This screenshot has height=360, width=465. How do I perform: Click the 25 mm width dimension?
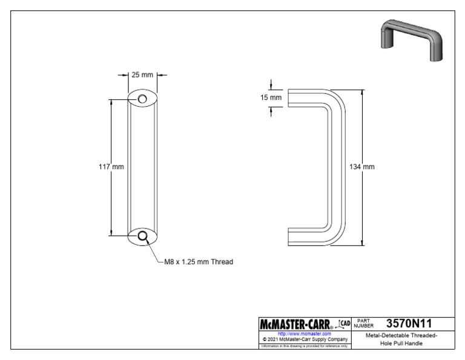click(142, 75)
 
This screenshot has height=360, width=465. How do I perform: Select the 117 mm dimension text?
click(111, 167)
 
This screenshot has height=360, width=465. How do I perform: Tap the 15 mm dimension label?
click(272, 98)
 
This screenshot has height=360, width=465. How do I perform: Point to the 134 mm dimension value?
click(362, 167)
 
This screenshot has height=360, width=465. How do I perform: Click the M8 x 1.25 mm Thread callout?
click(199, 262)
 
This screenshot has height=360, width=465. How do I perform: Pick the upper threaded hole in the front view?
click(142, 99)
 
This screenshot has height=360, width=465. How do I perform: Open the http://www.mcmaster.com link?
click(304, 333)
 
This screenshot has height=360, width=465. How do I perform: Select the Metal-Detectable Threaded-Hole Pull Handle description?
click(403, 339)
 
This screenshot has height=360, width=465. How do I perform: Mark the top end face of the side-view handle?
click(288, 98)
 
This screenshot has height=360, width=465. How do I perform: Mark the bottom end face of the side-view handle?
click(288, 236)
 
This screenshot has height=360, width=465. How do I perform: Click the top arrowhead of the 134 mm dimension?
click(363, 93)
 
